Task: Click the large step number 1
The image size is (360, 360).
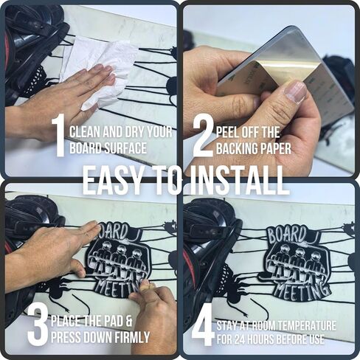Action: [58, 136]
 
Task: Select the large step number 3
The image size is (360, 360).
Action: [38, 325]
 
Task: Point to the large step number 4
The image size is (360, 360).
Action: [202, 328]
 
